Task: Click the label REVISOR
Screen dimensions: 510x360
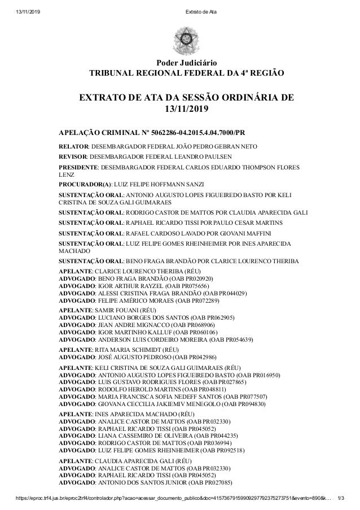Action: point(73,158)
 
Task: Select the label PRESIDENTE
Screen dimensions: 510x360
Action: point(78,168)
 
